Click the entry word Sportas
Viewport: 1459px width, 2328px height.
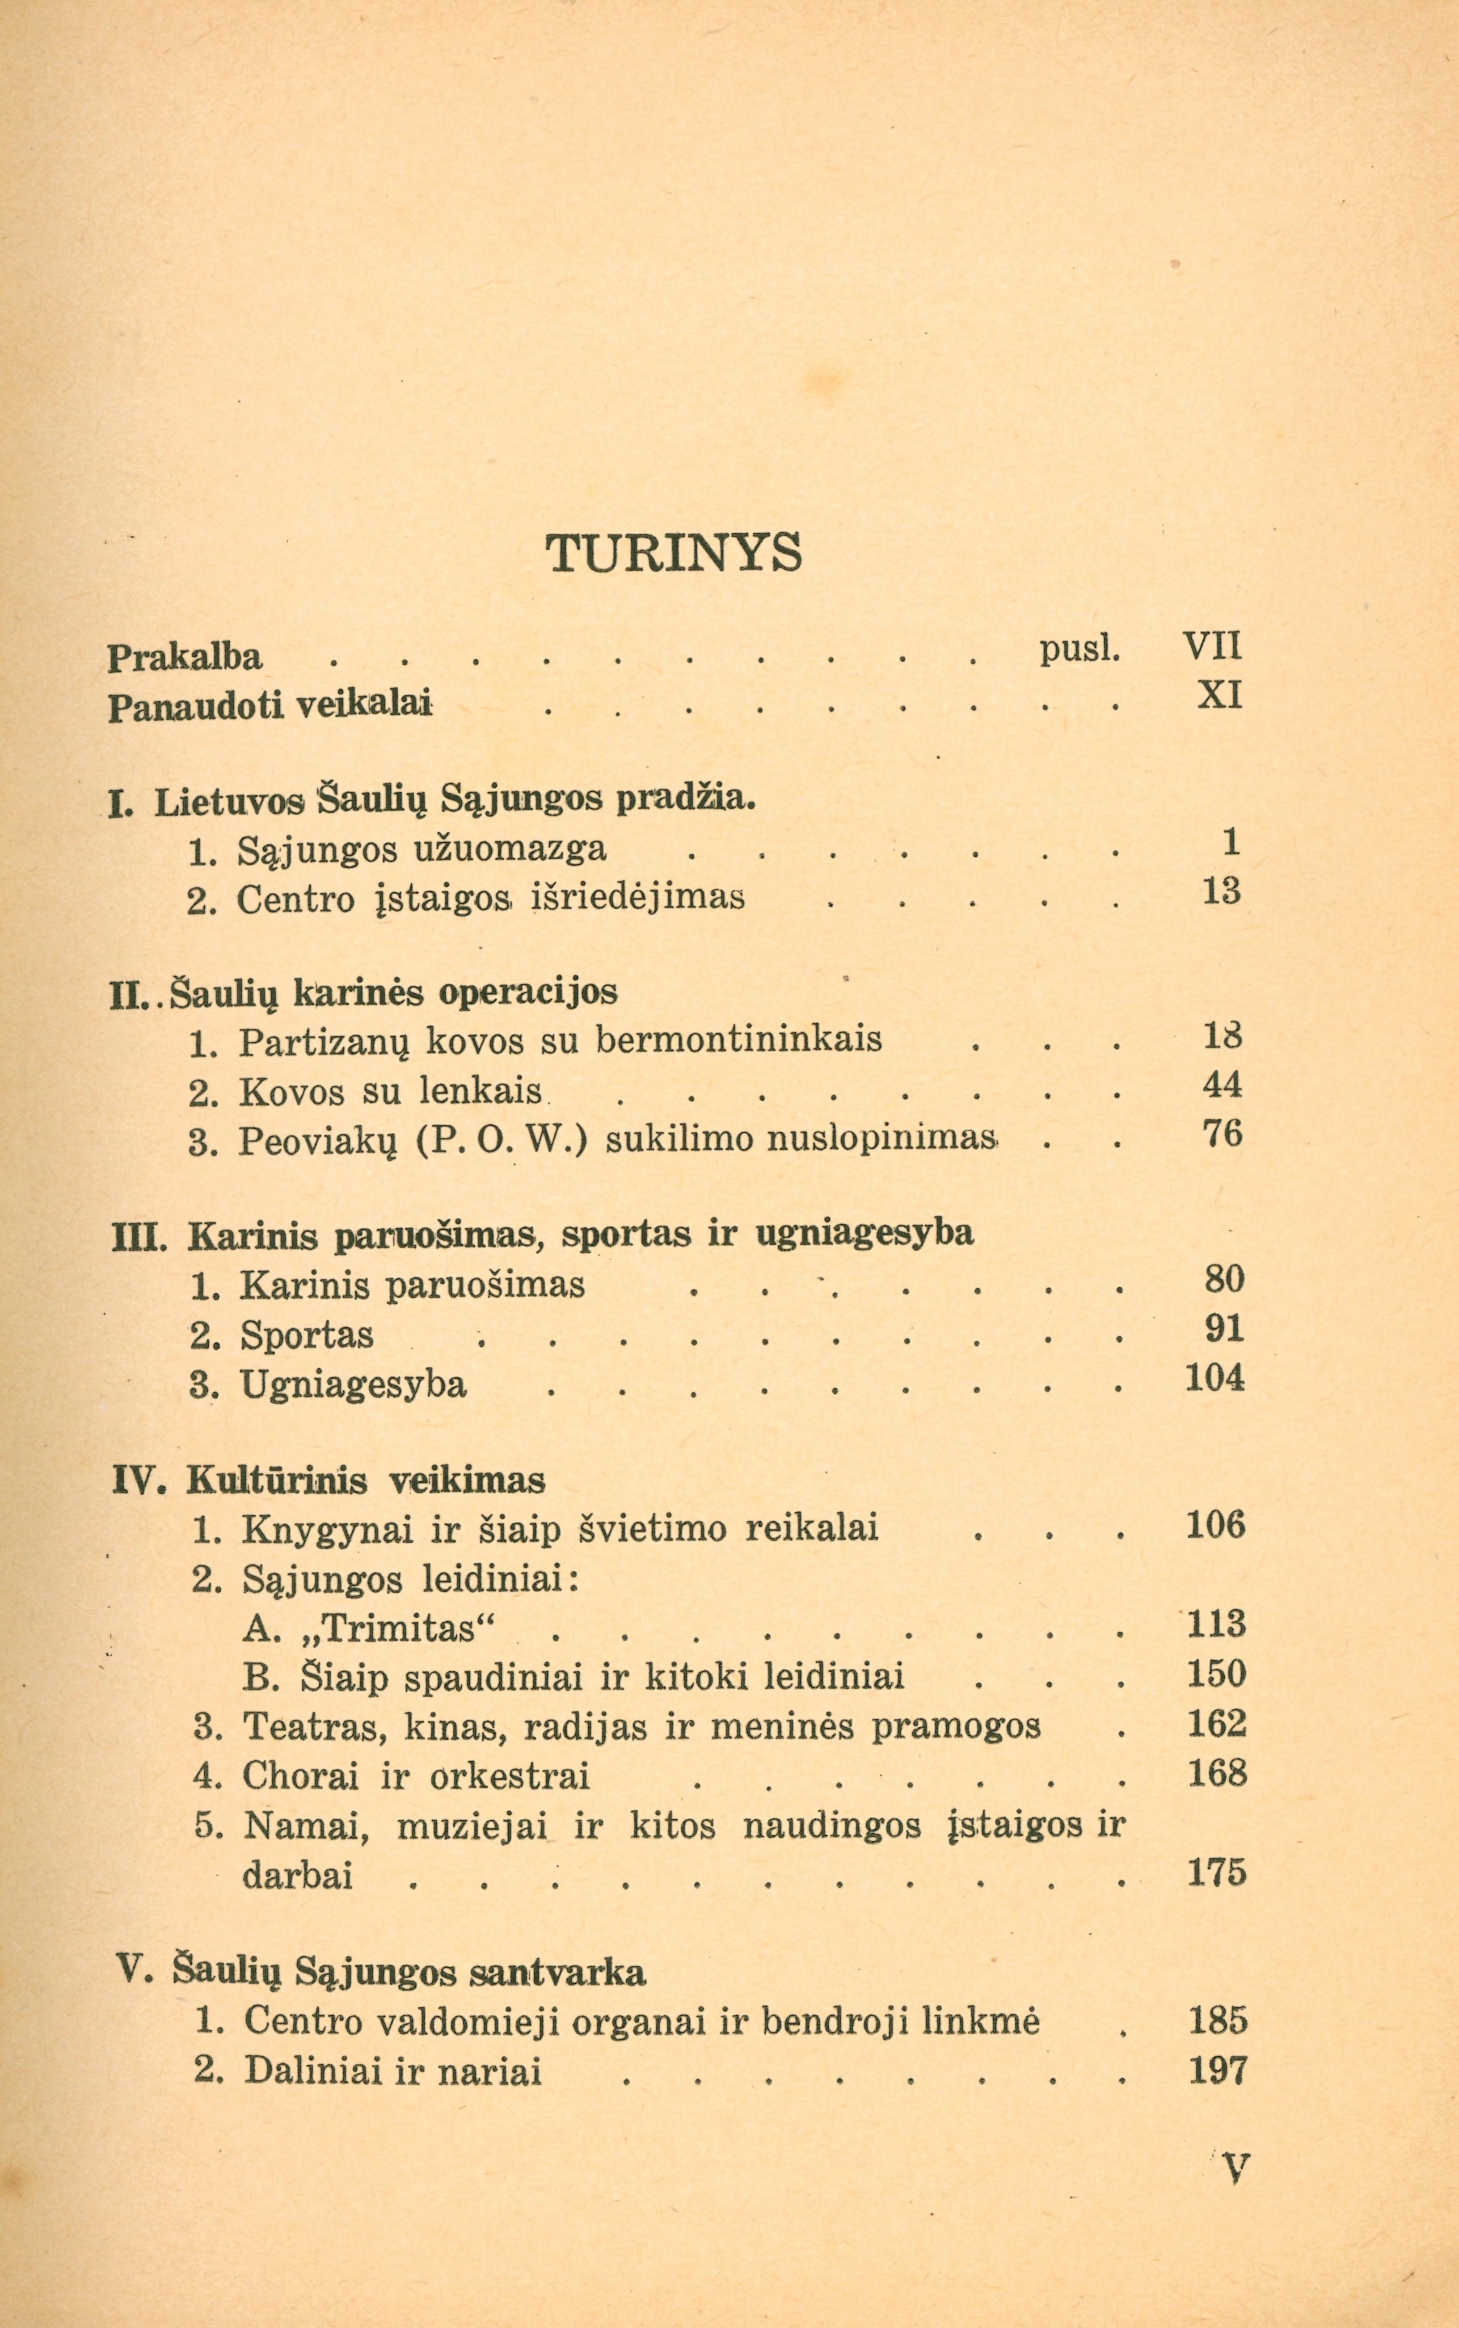pyautogui.click(x=307, y=1335)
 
